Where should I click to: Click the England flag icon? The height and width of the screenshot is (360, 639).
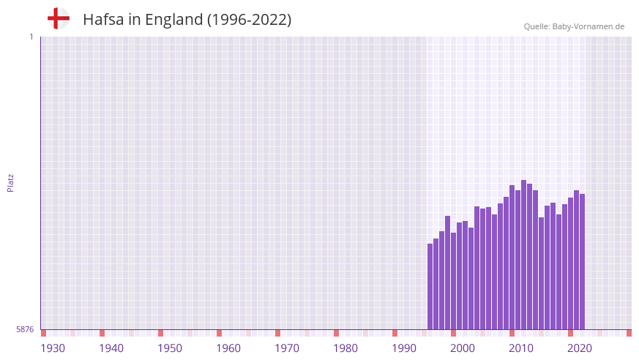click(58, 18)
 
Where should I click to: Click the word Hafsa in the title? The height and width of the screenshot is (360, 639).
click(103, 20)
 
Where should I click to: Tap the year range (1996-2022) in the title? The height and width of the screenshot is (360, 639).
click(249, 20)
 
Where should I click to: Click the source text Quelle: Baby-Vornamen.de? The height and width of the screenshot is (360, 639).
click(574, 26)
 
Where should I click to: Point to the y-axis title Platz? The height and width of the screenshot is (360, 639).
click(10, 182)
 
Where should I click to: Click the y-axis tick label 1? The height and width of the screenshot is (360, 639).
click(31, 37)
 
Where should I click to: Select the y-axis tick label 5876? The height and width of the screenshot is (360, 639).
click(25, 330)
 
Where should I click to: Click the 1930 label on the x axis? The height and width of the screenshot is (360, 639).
click(53, 348)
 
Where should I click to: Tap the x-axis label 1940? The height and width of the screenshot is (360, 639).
click(111, 348)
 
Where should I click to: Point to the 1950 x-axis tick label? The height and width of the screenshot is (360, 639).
click(170, 348)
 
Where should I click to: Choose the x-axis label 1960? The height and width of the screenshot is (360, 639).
click(228, 348)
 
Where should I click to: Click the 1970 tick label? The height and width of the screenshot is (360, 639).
click(287, 348)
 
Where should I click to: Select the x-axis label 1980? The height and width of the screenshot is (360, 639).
click(345, 348)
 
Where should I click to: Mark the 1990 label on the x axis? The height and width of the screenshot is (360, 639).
click(404, 348)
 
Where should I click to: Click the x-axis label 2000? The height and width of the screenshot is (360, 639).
click(463, 348)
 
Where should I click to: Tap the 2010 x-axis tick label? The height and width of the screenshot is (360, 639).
click(521, 348)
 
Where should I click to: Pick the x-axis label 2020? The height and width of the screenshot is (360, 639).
click(580, 348)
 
